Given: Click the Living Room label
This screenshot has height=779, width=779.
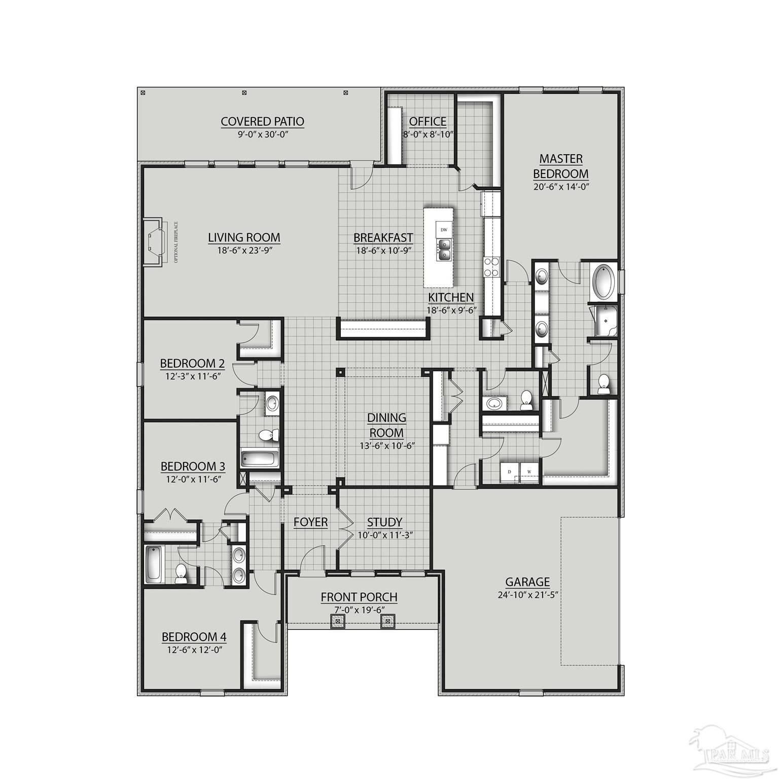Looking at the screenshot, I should click(244, 237).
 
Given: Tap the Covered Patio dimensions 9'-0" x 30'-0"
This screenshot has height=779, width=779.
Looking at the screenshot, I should click(262, 134).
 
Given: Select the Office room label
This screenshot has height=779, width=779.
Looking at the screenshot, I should click(428, 122).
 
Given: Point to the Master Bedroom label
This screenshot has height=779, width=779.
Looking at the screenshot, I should click(560, 166).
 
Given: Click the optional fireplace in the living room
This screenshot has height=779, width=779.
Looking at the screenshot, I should click(154, 242).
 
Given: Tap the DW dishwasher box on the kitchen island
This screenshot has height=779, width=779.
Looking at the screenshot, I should click(444, 230).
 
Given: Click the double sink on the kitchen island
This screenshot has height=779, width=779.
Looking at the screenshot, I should click(443, 250).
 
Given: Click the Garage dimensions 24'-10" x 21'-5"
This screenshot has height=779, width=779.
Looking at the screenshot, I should click(527, 595).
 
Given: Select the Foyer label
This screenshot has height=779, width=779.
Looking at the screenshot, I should click(310, 522).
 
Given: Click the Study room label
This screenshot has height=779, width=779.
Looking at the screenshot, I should click(384, 522).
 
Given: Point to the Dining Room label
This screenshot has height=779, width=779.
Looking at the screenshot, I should click(387, 425).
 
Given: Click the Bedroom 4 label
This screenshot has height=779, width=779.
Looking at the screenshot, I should click(194, 636).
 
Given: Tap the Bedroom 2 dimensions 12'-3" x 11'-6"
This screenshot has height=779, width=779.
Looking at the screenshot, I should click(192, 376).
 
